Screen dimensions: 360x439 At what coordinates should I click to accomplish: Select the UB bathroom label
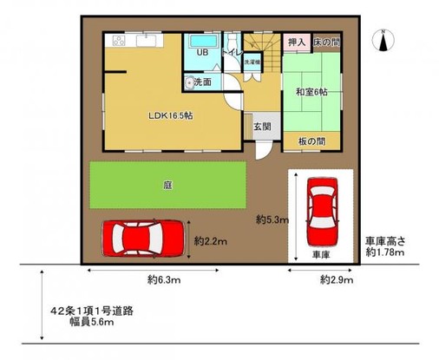[201, 54]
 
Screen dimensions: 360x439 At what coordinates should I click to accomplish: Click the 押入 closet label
[297, 42]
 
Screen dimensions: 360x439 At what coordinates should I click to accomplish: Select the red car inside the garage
[321, 213]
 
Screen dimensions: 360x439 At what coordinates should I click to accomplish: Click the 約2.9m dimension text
[336, 280]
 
